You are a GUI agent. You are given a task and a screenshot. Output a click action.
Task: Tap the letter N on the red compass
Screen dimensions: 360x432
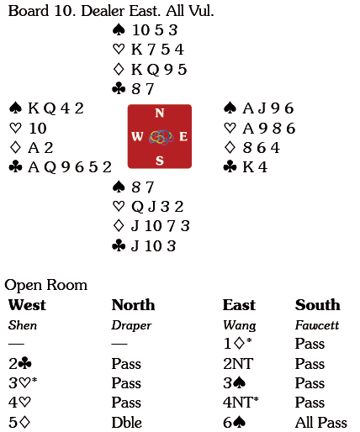click(160, 113)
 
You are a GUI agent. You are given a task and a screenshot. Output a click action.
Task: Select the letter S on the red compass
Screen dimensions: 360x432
click(160, 161)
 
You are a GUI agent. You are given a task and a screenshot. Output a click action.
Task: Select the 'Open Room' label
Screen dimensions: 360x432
click(46, 285)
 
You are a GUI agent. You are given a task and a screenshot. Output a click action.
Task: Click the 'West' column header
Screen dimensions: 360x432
click(27, 305)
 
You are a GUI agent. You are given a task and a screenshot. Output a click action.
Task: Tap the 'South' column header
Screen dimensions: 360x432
click(318, 305)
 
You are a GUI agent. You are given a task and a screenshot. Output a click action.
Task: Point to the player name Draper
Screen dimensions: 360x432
click(131, 325)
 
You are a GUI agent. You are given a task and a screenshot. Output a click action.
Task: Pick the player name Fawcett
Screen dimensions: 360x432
click(317, 325)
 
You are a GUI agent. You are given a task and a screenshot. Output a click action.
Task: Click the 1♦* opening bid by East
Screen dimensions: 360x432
click(237, 344)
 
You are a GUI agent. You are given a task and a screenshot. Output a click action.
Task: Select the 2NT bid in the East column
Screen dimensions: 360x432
click(238, 364)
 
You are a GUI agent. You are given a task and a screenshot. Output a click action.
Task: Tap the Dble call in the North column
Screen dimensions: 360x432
click(126, 423)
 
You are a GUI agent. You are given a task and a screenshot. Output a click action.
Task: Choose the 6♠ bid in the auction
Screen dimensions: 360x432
click(235, 423)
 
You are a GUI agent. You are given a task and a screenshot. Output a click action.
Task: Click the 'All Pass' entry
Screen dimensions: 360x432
click(321, 423)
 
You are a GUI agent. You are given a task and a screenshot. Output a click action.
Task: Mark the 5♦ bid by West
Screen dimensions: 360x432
click(19, 423)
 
